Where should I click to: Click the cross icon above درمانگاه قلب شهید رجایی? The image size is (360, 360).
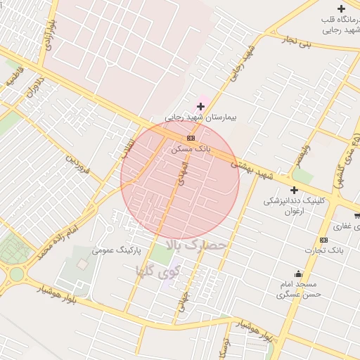342,8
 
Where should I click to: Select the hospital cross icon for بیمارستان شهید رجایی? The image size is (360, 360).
200,106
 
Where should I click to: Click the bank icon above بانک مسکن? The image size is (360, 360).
191,138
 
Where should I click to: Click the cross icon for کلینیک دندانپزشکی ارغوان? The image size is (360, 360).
294,191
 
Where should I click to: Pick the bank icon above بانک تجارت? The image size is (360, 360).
323,240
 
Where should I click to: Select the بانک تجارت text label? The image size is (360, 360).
321,250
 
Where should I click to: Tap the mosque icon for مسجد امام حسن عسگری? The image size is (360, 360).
299,274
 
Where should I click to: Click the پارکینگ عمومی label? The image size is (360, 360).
117,250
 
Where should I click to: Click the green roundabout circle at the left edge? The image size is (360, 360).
15,274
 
